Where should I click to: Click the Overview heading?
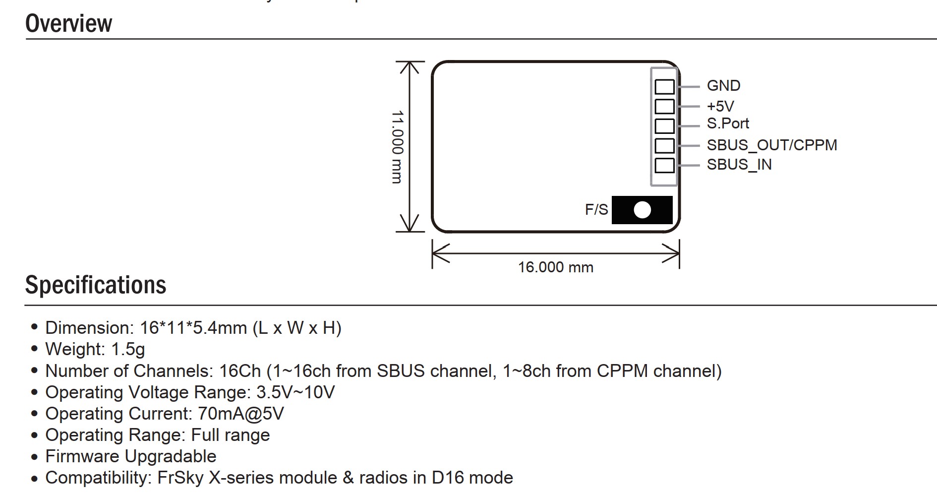tap(68, 23)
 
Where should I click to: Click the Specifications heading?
tap(96, 285)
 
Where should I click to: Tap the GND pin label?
tap(723, 86)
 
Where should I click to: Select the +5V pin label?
tap(720, 106)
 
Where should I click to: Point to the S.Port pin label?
tap(728, 123)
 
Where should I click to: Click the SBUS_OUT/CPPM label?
tap(771, 145)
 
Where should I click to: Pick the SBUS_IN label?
tap(739, 165)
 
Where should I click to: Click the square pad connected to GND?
tap(664, 87)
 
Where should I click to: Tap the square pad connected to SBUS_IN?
tap(664, 165)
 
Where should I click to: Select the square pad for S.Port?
tap(664, 126)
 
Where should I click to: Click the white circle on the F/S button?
tap(642, 210)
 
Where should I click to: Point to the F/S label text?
tap(596, 210)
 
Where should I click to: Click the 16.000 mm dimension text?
tap(555, 267)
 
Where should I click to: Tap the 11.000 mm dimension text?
tap(397, 147)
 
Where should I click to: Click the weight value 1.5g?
tap(128, 349)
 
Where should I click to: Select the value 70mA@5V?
tap(240, 414)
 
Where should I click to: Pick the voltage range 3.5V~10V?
tap(295, 392)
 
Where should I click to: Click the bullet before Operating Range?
tap(34, 435)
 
